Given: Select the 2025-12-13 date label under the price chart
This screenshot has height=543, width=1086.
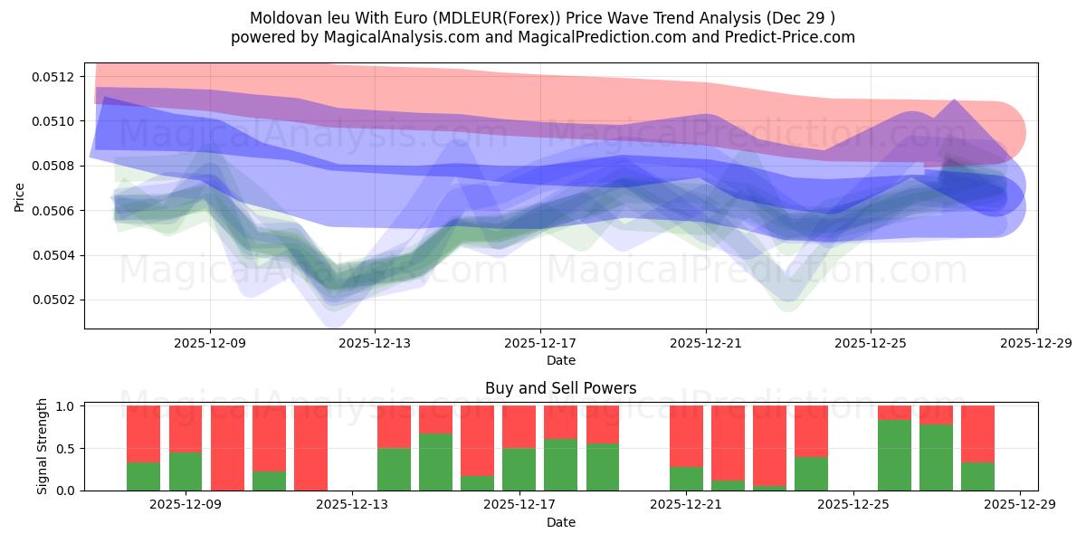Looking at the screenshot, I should [x=376, y=344].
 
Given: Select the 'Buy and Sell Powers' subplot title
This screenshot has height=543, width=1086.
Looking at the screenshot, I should [x=560, y=388].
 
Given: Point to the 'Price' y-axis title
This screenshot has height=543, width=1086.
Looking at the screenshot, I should [x=20, y=195].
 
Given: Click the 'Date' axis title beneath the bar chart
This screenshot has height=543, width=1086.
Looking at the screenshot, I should [x=560, y=522].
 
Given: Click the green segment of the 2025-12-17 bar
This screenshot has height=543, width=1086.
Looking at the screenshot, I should [x=519, y=469].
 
